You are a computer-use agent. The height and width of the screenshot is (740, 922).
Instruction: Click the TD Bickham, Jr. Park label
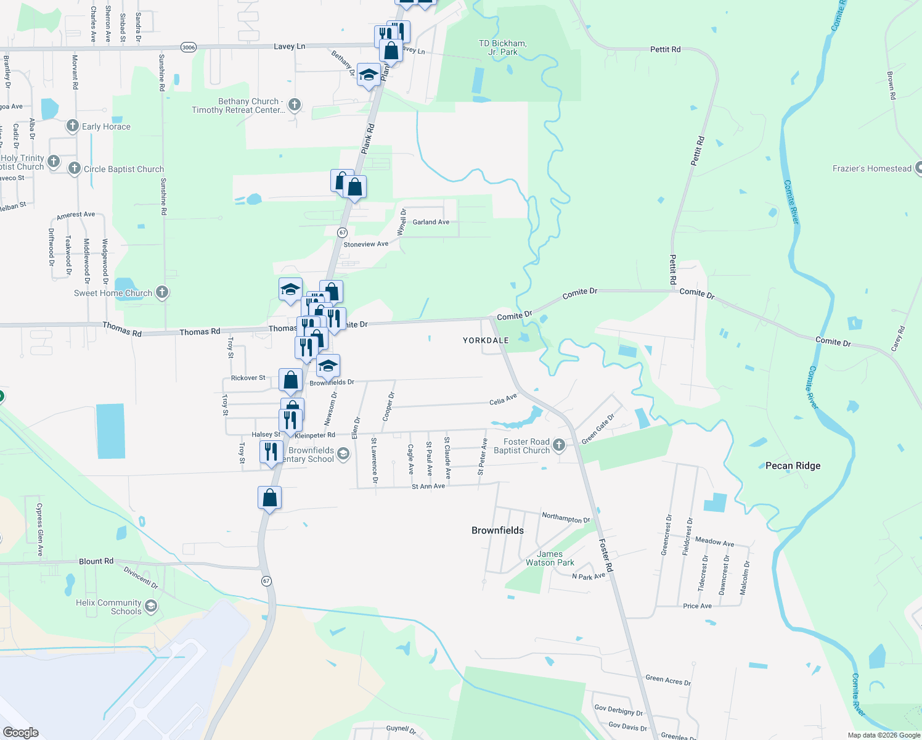pyautogui.click(x=502, y=47)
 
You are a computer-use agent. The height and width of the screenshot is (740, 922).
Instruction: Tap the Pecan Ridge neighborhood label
pyautogui.click(x=793, y=466)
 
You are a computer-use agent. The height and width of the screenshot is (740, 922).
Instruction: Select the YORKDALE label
pyautogui.click(x=486, y=340)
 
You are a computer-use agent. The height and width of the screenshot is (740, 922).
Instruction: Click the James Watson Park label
pyautogui.click(x=550, y=558)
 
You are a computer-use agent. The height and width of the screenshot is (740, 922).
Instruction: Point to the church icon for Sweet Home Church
pyautogui.click(x=162, y=292)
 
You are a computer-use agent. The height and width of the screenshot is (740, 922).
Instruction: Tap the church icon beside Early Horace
pyautogui.click(x=73, y=126)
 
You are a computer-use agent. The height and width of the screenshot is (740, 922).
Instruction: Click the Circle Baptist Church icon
pyautogui.click(x=75, y=168)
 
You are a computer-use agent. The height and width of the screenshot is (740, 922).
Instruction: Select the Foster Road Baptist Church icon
pyautogui.click(x=559, y=445)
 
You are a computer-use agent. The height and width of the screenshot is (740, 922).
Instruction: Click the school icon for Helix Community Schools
pyautogui.click(x=151, y=606)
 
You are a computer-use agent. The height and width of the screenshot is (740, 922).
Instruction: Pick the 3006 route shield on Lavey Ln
pyautogui.click(x=189, y=47)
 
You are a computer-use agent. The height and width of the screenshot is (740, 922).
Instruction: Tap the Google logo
pyautogui.click(x=21, y=733)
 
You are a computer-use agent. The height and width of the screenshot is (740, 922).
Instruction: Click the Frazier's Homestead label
pyautogui.click(x=871, y=168)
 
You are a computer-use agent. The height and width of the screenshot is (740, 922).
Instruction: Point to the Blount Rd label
pyautogui.click(x=96, y=561)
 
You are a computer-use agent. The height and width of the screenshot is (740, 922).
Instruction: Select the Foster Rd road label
pyautogui.click(x=606, y=555)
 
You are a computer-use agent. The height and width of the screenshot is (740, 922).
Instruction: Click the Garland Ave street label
pyautogui.click(x=431, y=222)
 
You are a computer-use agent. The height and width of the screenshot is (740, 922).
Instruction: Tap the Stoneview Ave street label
pyautogui.click(x=365, y=244)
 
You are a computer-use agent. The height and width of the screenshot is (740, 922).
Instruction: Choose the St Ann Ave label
pyautogui.click(x=428, y=487)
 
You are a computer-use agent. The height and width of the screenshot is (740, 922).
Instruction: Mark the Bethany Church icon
pyautogui.click(x=295, y=104)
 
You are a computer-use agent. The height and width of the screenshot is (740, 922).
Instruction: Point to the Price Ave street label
pyautogui.click(x=697, y=606)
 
